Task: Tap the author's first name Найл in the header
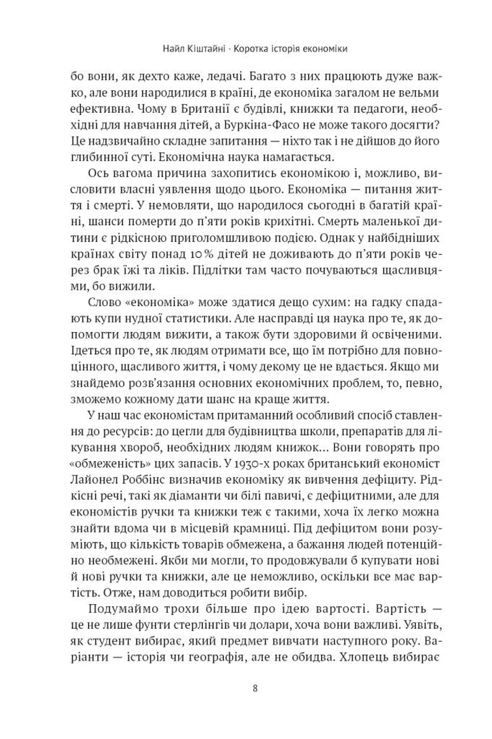tap(172, 49)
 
